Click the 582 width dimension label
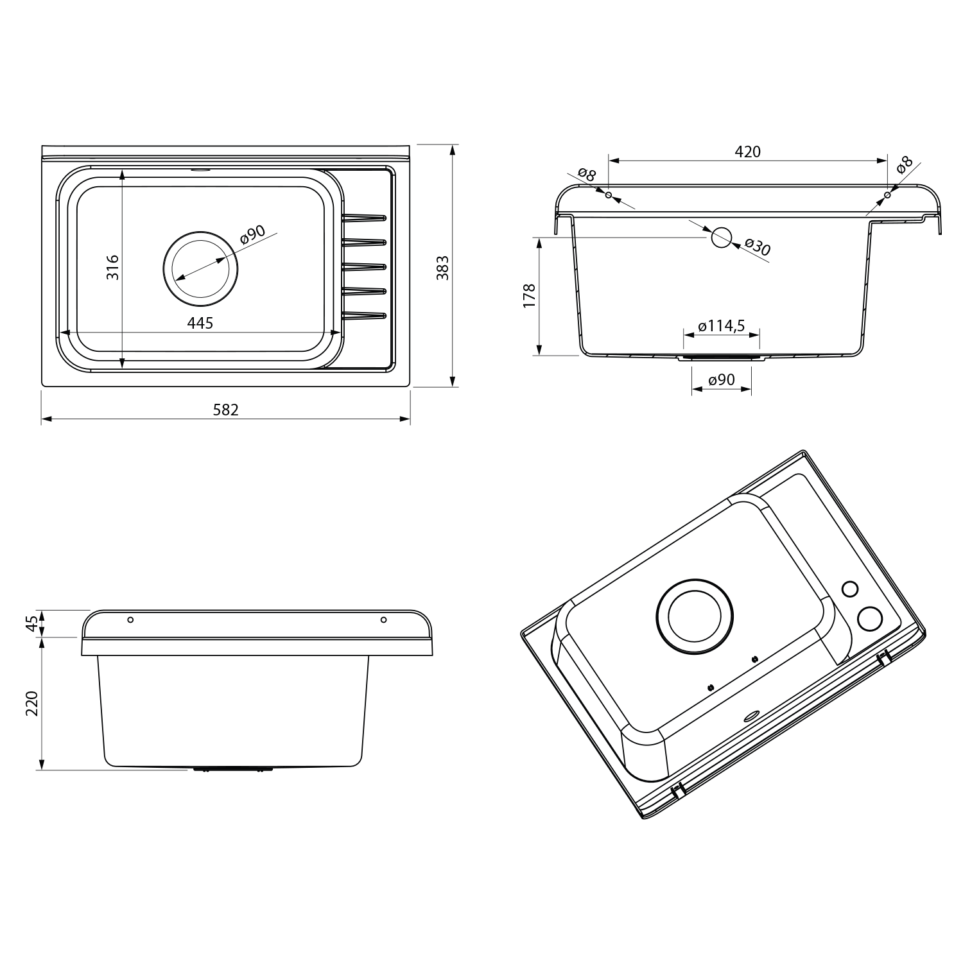click(x=225, y=409)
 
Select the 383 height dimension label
click(x=442, y=267)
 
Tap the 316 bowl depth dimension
click(x=112, y=266)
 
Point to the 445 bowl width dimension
click(x=200, y=323)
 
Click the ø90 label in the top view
click(x=252, y=235)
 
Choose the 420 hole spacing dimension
click(x=747, y=152)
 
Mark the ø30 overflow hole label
click(x=758, y=247)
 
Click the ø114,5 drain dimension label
click(x=722, y=326)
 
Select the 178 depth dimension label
click(x=529, y=296)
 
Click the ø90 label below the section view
click(x=722, y=380)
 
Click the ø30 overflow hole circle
click(x=721, y=237)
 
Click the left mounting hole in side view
click(x=130, y=620)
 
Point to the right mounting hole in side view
click(x=383, y=620)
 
